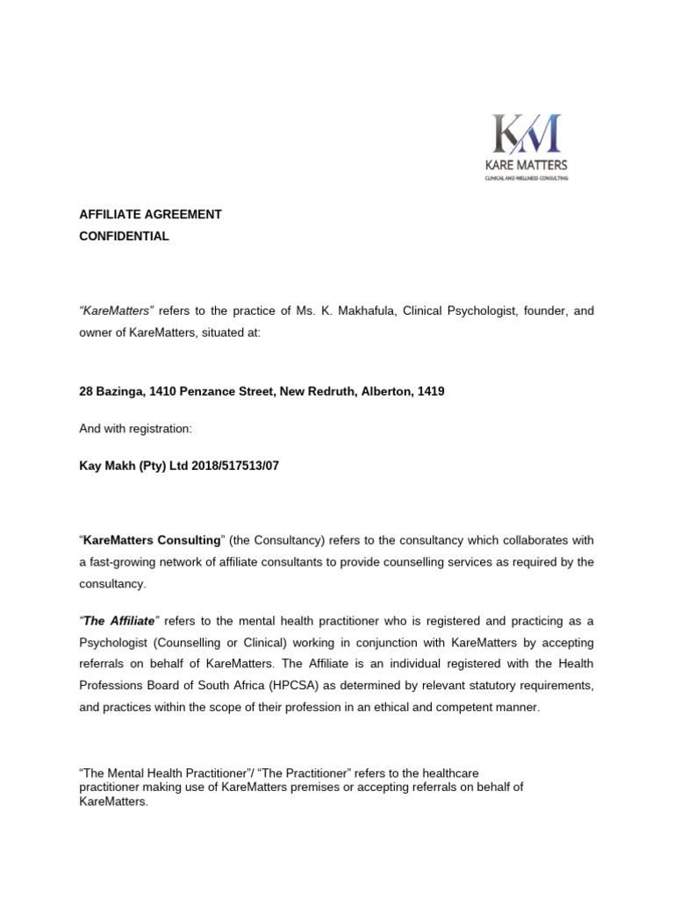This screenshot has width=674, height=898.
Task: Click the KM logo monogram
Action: click(527, 133)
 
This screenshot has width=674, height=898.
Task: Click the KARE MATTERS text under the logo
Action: click(527, 165)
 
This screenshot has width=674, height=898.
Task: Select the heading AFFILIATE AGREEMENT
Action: click(150, 215)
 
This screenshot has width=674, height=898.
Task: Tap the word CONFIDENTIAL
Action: click(124, 237)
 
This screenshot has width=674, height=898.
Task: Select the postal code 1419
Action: click(431, 392)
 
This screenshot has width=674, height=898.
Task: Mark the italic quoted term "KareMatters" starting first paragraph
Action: click(117, 312)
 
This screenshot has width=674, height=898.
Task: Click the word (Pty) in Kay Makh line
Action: click(149, 466)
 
